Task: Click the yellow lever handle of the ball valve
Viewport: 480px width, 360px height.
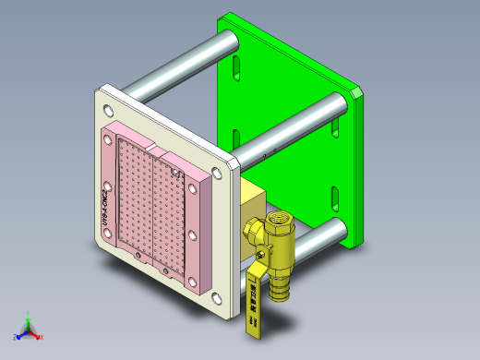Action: pos(254,300)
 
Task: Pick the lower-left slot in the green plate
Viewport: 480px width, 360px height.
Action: pos(237,142)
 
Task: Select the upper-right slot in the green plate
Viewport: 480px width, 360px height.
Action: pos(334,123)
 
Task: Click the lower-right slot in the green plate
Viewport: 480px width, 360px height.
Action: pos(335,197)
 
